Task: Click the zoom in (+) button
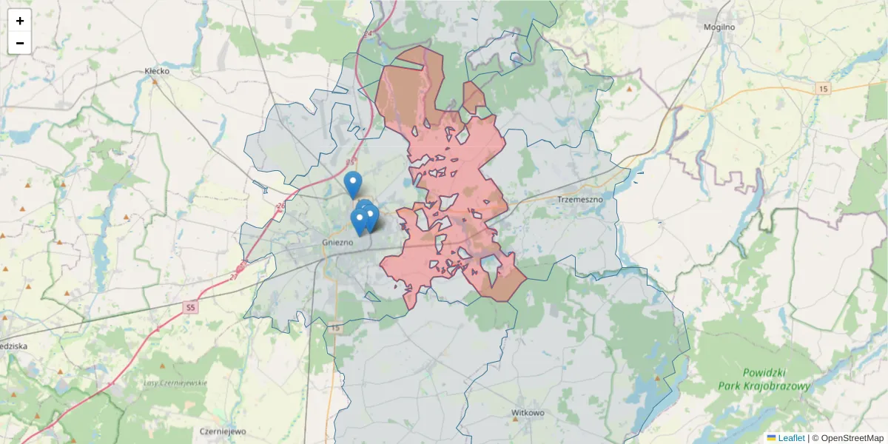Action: coord(20,21)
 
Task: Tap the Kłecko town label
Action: coord(158,71)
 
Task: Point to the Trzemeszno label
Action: coord(581,199)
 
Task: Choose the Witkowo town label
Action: coord(528,412)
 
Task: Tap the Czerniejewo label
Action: coord(223,431)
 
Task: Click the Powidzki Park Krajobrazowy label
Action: coord(764,380)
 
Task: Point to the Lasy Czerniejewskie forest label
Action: coord(175,383)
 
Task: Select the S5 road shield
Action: coord(191,306)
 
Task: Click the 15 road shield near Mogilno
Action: coord(824,89)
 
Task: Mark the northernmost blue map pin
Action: coord(353,182)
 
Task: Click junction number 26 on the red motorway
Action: coord(280,206)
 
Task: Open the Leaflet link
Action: coord(791,438)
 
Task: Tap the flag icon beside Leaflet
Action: coord(772,438)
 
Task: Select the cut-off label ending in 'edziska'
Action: coord(13,346)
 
